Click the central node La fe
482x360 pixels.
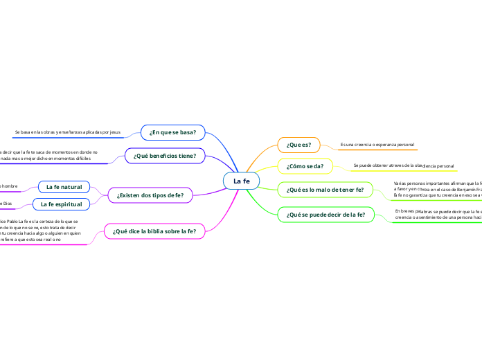(241, 181)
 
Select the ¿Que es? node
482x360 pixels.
(298, 145)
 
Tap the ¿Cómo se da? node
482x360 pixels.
(305, 166)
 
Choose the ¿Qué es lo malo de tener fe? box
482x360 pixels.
(325, 189)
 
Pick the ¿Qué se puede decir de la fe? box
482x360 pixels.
(325, 215)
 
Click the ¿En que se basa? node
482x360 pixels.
(173, 132)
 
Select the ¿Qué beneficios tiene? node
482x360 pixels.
(165, 156)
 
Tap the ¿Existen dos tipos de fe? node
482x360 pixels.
(150, 196)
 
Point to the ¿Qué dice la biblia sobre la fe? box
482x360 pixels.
(154, 231)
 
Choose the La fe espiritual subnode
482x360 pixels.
(62, 204)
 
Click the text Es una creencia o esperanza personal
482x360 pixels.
(377, 145)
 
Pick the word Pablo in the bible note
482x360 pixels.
(18, 221)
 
